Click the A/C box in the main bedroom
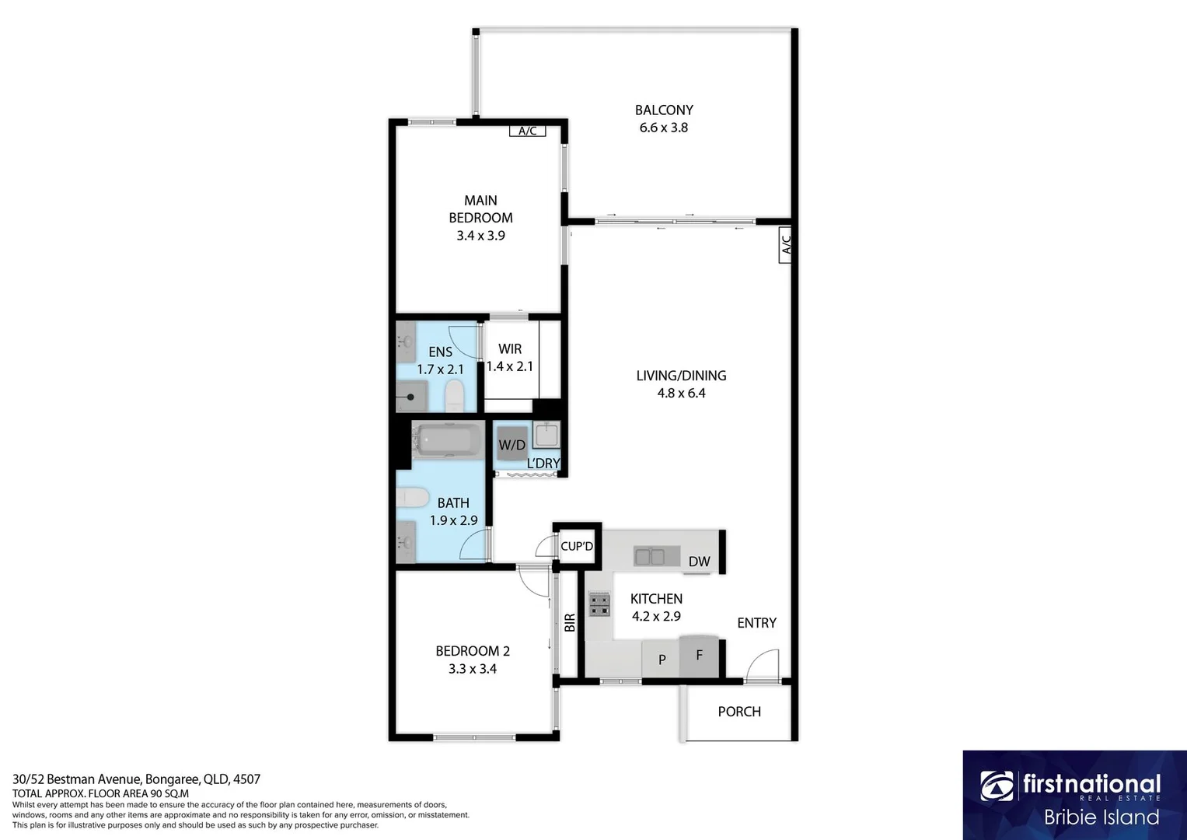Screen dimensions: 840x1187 (528, 131)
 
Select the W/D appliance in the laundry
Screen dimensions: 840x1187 (511, 445)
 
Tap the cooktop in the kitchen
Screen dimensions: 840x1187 (599, 604)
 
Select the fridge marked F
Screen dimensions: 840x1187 (699, 656)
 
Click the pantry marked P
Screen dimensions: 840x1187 (662, 660)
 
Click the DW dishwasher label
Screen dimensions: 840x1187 (699, 562)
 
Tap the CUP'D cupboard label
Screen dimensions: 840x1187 (577, 546)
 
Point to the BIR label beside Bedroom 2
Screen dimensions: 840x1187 (569, 622)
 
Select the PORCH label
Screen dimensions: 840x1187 (739, 712)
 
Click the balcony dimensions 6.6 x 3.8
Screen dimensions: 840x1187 (663, 128)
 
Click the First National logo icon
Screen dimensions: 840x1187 (997, 786)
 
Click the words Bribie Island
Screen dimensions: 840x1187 (1101, 817)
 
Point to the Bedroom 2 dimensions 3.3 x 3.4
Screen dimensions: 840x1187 (472, 668)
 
